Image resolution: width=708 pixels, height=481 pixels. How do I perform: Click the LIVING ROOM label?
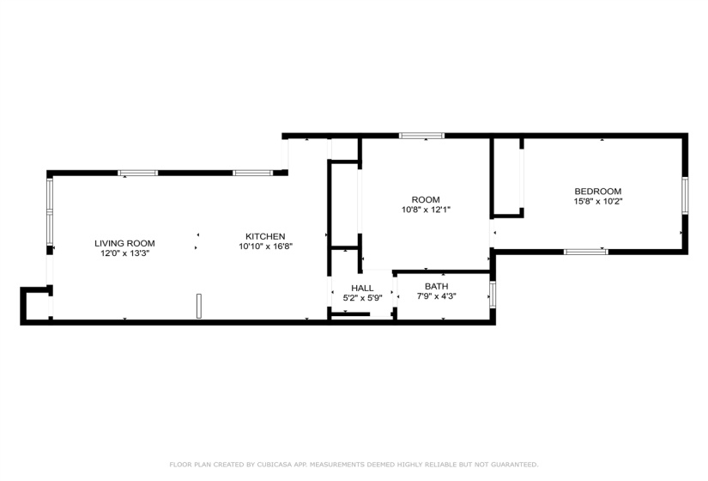tap(124, 243)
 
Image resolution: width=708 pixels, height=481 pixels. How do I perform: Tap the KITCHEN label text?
tap(265, 236)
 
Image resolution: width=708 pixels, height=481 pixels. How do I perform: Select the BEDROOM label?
tap(597, 192)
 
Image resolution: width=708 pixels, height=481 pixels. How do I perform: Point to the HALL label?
tap(361, 288)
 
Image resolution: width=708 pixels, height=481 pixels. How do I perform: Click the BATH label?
tap(436, 286)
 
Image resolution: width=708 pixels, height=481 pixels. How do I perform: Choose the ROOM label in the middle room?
tap(425, 199)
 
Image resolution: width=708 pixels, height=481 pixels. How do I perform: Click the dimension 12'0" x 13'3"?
tap(124, 253)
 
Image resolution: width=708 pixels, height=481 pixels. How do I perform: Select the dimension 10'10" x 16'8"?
tap(265, 247)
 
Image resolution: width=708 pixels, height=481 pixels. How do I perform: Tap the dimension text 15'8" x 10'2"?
tap(597, 202)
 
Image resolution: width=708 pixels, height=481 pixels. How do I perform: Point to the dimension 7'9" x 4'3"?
tap(436, 296)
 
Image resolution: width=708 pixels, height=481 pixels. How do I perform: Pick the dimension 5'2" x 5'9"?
tap(361, 298)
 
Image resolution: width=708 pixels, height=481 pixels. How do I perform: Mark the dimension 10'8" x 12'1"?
tap(425, 210)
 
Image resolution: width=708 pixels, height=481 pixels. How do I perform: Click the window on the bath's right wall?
tap(493, 294)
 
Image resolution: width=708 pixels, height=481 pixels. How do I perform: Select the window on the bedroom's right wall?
tap(685, 195)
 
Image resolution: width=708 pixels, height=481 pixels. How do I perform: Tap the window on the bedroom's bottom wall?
tap(585, 252)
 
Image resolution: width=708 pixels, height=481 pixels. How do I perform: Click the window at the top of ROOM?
tap(421, 136)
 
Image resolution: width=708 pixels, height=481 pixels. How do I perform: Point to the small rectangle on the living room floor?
tap(198, 306)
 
